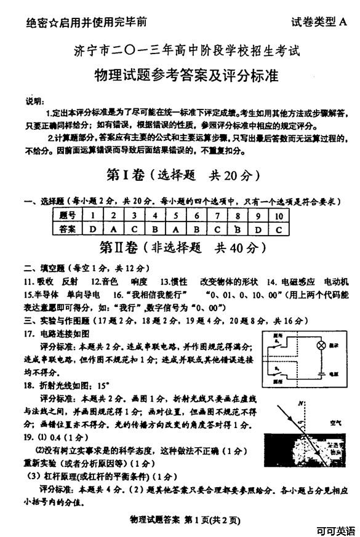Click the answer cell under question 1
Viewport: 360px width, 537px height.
pyautogui.click(x=92, y=229)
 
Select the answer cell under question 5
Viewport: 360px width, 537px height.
pyautogui.click(x=175, y=229)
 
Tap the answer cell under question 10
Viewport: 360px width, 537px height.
pyautogui.click(x=278, y=229)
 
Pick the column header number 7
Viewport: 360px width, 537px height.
pyautogui.click(x=217, y=215)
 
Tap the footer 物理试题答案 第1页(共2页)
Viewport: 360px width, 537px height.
pyautogui.click(x=181, y=520)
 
